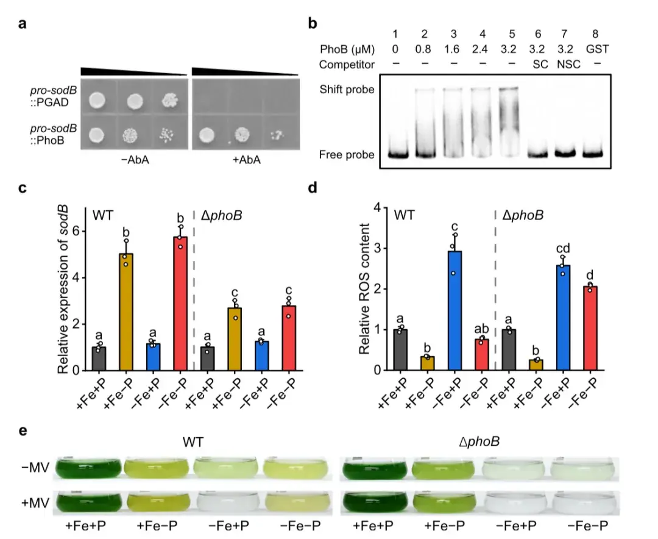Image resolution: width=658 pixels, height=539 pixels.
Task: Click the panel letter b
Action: (313, 24)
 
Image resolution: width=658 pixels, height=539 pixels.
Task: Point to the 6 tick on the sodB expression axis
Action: (76, 232)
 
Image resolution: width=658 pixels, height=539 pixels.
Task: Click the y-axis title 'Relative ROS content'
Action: (364, 290)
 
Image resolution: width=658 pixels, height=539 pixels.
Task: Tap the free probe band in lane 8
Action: (593, 154)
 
